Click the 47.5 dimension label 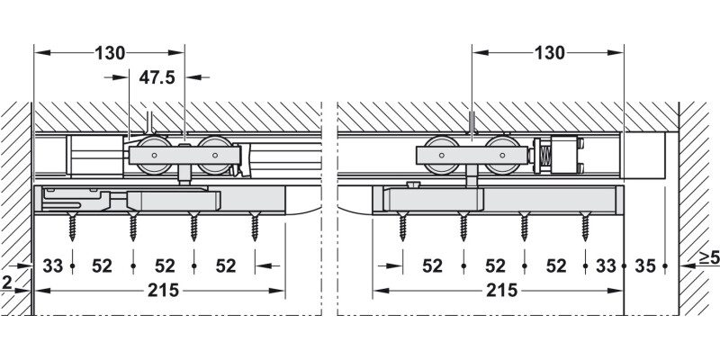[x=157, y=78]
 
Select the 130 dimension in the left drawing [x=110, y=52]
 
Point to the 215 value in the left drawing [x=162, y=290]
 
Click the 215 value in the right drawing [x=499, y=290]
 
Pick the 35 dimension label [x=643, y=265]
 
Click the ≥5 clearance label [x=708, y=259]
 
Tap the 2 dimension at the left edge [x=8, y=281]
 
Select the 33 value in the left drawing [x=53, y=265]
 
